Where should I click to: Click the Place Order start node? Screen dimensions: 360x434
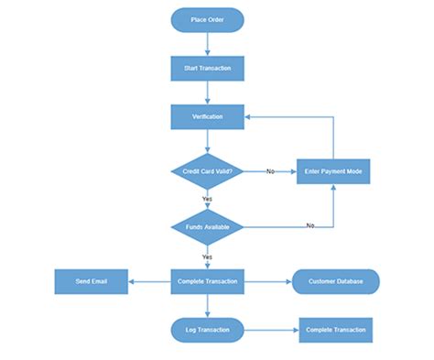click(207, 19)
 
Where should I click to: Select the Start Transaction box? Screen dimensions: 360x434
click(207, 68)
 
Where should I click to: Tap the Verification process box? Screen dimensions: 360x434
click(207, 116)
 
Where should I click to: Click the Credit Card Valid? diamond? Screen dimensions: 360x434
click(207, 171)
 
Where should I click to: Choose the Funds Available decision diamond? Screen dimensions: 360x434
click(207, 225)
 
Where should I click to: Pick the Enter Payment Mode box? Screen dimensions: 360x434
click(332, 171)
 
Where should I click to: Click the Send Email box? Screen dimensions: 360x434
click(91, 281)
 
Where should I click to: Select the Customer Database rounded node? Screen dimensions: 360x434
click(335, 281)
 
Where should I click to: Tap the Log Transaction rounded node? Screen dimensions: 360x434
click(207, 330)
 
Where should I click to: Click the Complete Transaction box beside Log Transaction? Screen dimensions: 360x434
click(335, 330)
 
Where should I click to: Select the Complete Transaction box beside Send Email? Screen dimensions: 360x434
click(207, 281)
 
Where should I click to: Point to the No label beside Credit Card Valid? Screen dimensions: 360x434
click(270, 171)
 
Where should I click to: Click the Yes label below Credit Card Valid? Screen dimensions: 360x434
click(207, 199)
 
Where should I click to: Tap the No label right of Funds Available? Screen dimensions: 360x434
click(310, 225)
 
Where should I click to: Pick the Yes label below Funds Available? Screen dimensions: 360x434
click(207, 256)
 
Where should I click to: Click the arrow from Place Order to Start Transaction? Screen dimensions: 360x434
click(207, 43)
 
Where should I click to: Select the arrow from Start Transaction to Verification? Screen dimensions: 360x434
click(207, 92)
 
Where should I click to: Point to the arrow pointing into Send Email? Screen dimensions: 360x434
click(149, 281)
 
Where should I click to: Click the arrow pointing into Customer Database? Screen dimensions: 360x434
click(267, 281)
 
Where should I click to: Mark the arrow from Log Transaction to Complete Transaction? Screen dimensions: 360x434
click(271, 330)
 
